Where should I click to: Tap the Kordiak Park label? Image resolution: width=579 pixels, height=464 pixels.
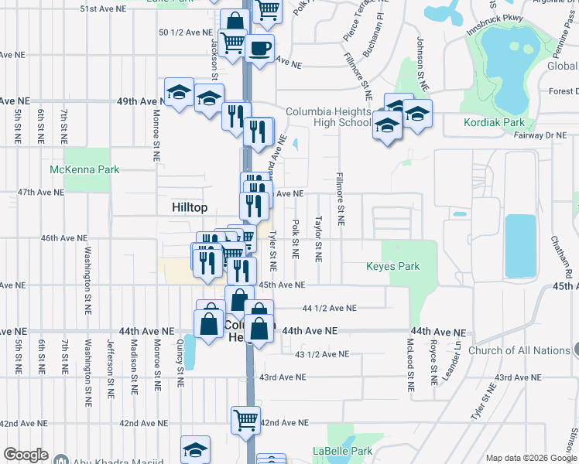(494, 122)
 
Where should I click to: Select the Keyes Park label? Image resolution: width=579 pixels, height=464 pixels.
(393, 267)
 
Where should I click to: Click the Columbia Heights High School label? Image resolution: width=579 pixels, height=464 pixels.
(329, 117)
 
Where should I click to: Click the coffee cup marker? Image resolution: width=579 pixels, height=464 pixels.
(259, 49)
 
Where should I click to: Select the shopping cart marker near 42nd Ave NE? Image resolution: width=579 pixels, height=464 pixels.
(245, 421)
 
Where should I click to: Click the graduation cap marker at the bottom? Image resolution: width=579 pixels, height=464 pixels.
(196, 449)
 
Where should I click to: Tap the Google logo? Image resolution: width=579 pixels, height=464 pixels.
(26, 455)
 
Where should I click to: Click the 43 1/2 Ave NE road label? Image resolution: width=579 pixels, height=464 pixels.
(322, 354)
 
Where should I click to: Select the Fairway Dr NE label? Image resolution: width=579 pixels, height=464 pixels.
(540, 135)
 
